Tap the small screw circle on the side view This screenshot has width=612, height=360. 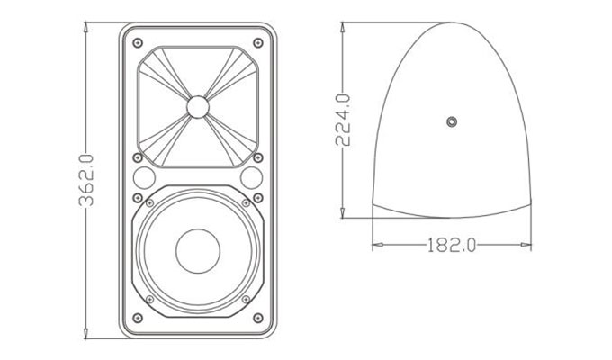(452, 121)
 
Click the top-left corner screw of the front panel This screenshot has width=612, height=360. (135, 42)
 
